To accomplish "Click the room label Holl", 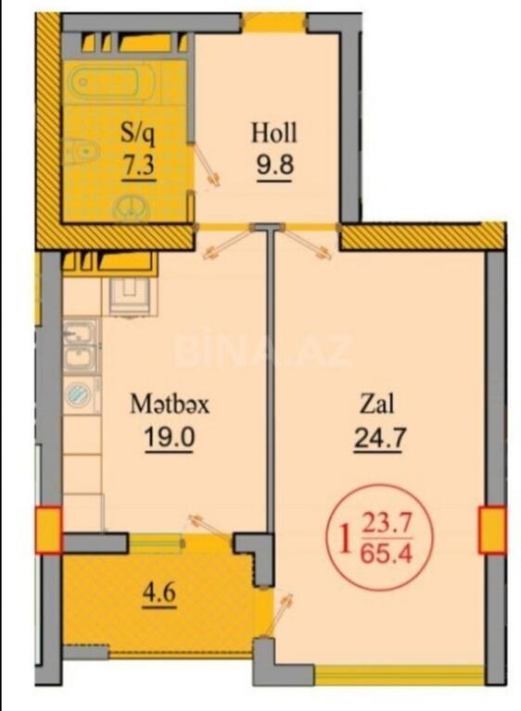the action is pos(273,133).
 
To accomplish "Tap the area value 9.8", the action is pos(274,165).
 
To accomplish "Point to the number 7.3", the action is pos(138,165).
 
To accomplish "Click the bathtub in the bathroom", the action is pos(112,82).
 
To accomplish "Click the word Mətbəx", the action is pos(170,404).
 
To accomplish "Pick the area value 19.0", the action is pos(169,438).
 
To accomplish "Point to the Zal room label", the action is pos(376,404).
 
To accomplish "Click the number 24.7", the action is pos(378,438).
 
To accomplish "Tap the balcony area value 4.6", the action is pos(159,593).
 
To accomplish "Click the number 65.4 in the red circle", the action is pos(386,554).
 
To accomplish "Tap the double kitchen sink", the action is pos(81,346).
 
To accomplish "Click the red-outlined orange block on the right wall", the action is pos(492,530).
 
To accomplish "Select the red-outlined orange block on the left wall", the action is pos(48,530).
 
